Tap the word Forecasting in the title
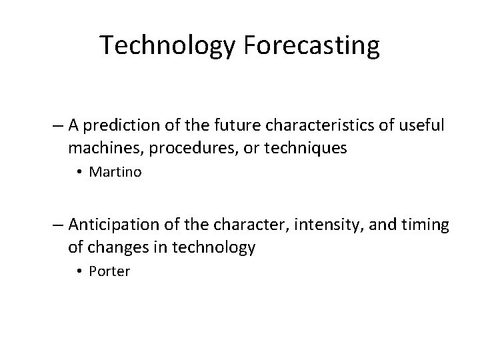coord(313,46)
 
